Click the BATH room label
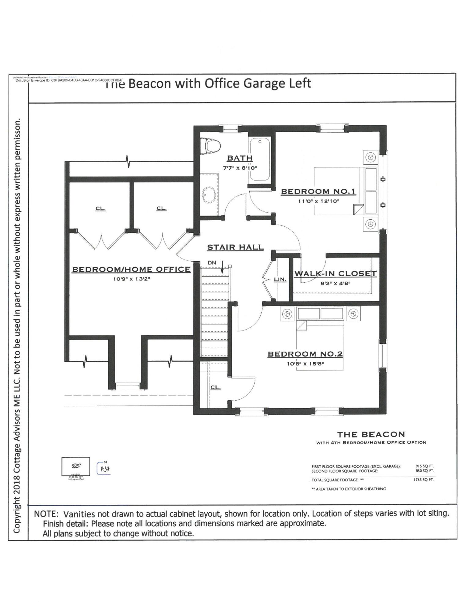click(240, 158)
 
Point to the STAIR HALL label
click(235, 247)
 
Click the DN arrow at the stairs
click(222, 267)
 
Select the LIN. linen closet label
click(280, 279)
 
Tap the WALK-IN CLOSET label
click(335, 273)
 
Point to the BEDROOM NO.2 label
click(305, 354)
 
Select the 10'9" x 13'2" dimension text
click(131, 279)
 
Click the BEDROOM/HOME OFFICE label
click(131, 269)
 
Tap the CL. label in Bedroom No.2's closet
click(215, 387)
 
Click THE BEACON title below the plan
click(371, 434)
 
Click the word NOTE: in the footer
click(46, 514)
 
